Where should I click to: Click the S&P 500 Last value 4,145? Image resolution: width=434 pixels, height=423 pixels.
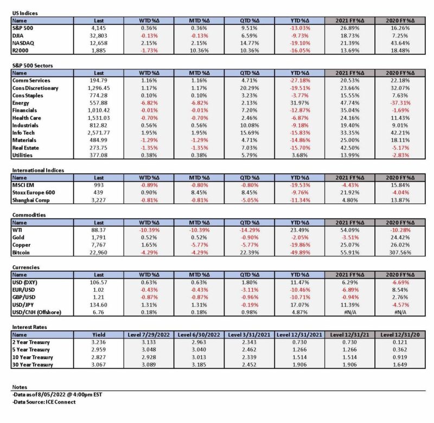[99, 28]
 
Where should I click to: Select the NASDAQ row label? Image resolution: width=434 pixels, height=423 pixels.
[23, 43]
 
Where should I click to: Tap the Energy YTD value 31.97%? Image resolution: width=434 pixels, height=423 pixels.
[300, 103]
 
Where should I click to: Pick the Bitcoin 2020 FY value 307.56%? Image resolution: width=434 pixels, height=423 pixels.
[400, 253]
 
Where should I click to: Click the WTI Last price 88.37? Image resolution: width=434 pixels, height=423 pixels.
[99, 230]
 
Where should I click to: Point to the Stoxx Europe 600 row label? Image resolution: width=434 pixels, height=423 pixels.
[34, 193]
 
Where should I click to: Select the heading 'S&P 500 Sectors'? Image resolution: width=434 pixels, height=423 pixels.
[33, 66]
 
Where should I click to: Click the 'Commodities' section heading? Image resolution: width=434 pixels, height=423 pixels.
[29, 215]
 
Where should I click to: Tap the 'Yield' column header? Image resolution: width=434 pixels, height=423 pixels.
[99, 335]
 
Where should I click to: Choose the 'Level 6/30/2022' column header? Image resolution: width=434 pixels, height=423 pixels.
[199, 335]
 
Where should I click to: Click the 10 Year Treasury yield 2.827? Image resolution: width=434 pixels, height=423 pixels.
[99, 357]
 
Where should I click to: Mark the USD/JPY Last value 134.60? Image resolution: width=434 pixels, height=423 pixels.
[99, 305]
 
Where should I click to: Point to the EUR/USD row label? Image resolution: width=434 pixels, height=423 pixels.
[23, 290]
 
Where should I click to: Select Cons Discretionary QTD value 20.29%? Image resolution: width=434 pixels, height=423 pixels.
[250, 88]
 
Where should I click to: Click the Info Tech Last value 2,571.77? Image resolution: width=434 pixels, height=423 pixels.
[99, 133]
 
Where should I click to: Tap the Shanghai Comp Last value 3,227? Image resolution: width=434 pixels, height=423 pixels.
[99, 200]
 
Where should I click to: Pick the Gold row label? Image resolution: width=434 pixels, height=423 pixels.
[18, 238]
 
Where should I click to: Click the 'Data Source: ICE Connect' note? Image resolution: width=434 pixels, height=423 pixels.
[44, 402]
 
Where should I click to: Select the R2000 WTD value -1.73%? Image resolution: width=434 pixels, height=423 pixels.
[149, 50]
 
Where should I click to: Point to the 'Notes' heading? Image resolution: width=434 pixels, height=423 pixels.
[20, 387]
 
